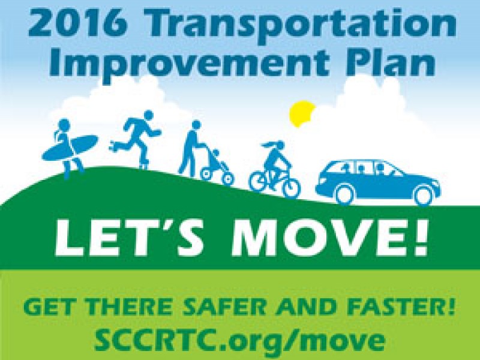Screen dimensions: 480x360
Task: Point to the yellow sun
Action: [302, 113]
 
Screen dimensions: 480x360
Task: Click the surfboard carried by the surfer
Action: [70, 148]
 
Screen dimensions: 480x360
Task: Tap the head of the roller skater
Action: [148, 116]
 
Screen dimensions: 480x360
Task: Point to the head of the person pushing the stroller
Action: [196, 126]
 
